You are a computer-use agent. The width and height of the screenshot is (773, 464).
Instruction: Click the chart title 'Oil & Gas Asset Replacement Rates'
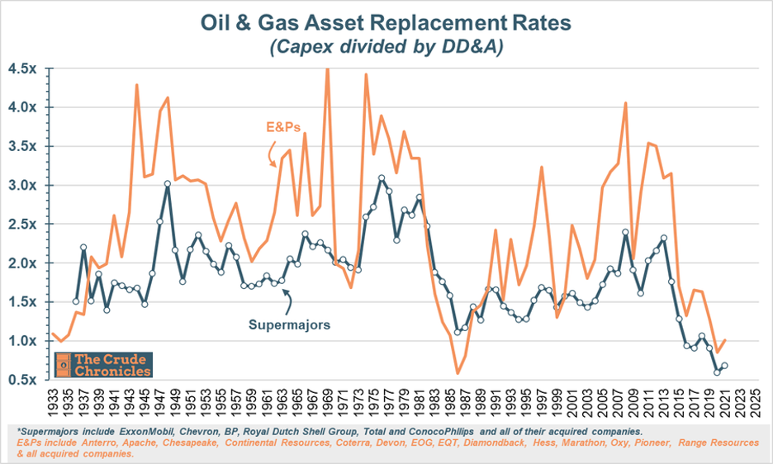386,23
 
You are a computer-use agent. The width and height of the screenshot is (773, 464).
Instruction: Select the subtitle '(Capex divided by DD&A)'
386,46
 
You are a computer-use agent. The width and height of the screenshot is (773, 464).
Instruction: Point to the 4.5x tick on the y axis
22,69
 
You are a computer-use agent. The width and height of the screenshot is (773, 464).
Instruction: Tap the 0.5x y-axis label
22,380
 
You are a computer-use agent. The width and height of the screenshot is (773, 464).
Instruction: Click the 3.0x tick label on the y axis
22,186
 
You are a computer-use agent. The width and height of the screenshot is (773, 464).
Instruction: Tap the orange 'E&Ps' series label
283,127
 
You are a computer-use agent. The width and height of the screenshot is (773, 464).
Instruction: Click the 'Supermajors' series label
289,325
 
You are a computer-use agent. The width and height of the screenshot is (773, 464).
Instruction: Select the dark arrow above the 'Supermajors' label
287,301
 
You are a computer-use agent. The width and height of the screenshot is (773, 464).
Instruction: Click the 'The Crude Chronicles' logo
103,365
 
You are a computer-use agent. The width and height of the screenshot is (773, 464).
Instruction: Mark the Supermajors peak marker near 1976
381,178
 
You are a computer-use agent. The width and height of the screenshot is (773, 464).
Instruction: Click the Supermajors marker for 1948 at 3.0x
167,183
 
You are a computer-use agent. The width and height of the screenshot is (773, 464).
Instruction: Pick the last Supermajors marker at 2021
725,366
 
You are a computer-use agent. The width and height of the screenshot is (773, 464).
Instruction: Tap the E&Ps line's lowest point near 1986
458,373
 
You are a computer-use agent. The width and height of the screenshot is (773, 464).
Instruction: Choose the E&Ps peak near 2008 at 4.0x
625,103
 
